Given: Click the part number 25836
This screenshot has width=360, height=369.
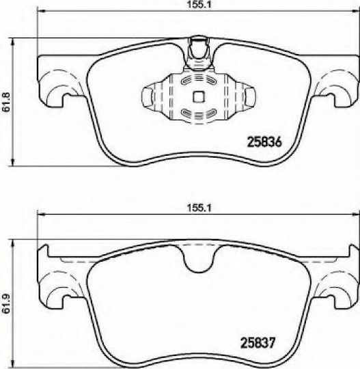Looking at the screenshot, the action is pyautogui.click(x=264, y=142).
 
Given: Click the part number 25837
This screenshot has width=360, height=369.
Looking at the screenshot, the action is pyautogui.click(x=257, y=343).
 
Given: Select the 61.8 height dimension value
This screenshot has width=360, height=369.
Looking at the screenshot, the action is pyautogui.click(x=6, y=102).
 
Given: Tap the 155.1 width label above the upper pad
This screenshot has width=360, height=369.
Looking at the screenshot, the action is pyautogui.click(x=199, y=5).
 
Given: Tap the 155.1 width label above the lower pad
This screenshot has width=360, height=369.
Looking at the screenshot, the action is pyautogui.click(x=199, y=208).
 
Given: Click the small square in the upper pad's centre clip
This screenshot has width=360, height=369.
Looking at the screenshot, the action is pyautogui.click(x=199, y=97).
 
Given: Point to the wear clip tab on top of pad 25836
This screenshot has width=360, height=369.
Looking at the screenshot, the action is pyautogui.click(x=199, y=53).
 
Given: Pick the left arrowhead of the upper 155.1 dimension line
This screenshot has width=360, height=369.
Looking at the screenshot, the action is pyautogui.click(x=41, y=11).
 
